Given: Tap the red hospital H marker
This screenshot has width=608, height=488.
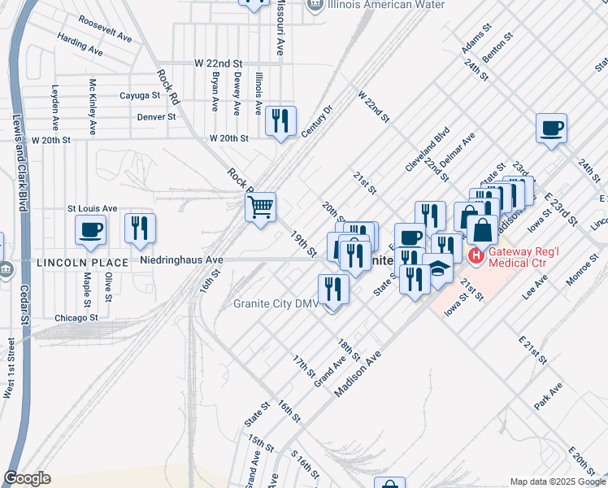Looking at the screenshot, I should pos(476,256).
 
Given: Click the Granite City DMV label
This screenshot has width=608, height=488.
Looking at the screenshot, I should pos(276,305).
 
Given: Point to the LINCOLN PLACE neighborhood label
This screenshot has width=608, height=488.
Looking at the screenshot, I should pos(82,263).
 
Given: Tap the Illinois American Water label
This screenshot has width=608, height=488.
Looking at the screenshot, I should pos(387,4).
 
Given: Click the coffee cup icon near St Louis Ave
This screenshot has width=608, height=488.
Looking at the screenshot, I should pos(90,229).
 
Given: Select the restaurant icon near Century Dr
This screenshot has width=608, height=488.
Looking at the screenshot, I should pos(280,121).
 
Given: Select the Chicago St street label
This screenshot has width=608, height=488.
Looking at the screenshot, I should pos(76,317).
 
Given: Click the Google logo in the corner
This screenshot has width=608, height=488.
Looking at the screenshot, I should pos(27,478).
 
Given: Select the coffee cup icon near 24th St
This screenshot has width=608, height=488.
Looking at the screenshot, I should pos(551,129).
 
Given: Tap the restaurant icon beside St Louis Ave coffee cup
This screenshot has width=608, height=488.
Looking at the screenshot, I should pos(141,229).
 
